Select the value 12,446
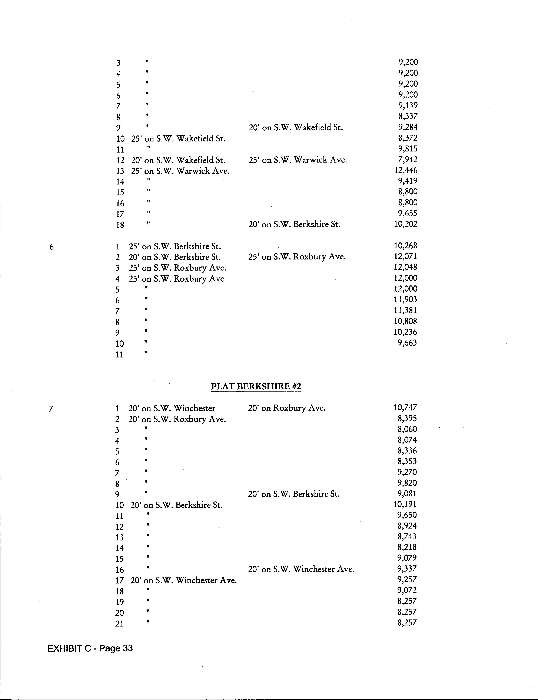pos(406,170)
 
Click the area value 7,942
pos(408,159)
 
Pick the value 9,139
pos(408,105)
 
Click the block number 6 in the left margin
pos(52,247)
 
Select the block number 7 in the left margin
pos(51,409)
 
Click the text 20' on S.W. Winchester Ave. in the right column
pos(301,569)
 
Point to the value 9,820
pos(407,483)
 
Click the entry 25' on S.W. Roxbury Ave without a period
pos(176,279)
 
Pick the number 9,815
pos(408,148)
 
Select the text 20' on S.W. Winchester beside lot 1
pos(172,408)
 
